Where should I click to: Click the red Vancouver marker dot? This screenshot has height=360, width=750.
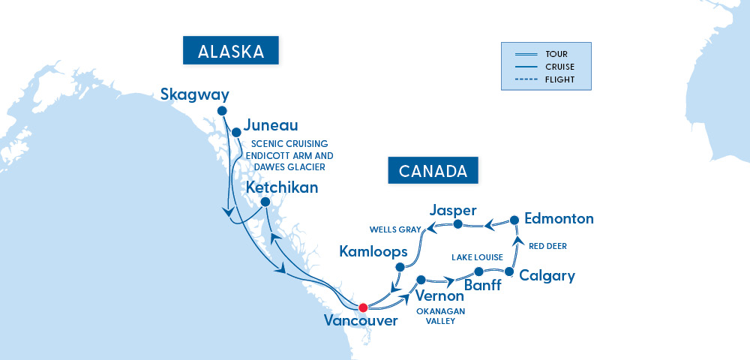363,307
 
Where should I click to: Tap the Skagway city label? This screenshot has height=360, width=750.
194,94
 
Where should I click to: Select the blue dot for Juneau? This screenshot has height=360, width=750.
236,130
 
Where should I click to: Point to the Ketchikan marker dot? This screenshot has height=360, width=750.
265,202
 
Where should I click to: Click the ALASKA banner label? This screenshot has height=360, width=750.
230,52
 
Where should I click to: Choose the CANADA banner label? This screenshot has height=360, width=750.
433,171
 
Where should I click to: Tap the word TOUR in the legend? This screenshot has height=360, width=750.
556,54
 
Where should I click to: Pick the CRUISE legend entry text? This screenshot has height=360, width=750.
560,67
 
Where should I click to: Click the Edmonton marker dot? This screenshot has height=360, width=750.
514,220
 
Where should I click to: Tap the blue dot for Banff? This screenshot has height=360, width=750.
478,271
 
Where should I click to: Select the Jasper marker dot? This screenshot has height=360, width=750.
457,223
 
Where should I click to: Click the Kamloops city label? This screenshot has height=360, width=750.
373,250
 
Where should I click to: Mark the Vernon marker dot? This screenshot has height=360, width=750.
420,279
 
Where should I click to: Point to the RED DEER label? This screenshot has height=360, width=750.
547,246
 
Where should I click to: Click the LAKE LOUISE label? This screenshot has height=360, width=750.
476,257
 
